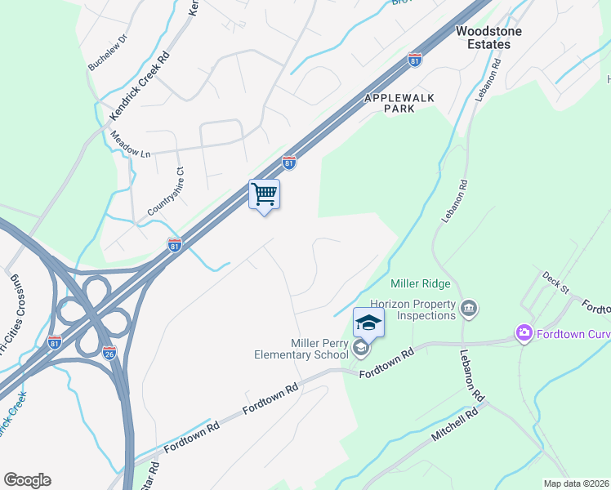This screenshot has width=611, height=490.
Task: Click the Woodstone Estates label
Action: (x=483, y=38)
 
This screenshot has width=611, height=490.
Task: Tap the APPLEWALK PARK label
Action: (x=400, y=103)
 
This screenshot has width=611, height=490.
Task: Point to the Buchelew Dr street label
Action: (x=108, y=52)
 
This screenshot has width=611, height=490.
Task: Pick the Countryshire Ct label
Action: (x=167, y=192)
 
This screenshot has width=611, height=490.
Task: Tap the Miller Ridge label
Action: (x=421, y=283)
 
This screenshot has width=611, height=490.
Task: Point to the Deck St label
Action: (x=555, y=282)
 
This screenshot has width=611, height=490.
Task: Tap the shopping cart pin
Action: (x=264, y=195)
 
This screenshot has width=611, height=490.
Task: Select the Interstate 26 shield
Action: (x=110, y=353)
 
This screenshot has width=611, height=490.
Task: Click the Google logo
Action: (x=27, y=480)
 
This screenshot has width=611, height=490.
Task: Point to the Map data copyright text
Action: (x=576, y=483)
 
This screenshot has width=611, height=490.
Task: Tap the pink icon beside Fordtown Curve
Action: (x=523, y=332)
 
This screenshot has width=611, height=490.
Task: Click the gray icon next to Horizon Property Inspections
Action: (x=469, y=308)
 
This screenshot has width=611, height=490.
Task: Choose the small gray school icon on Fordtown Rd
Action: (x=359, y=350)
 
